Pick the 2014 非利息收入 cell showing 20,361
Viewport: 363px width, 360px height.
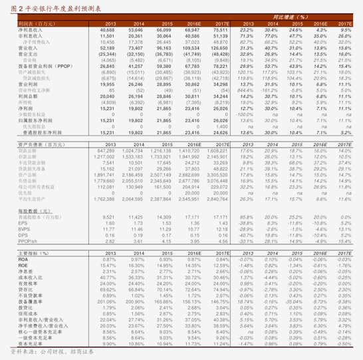[135, 36]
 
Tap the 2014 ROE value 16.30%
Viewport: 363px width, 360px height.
[136, 266]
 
